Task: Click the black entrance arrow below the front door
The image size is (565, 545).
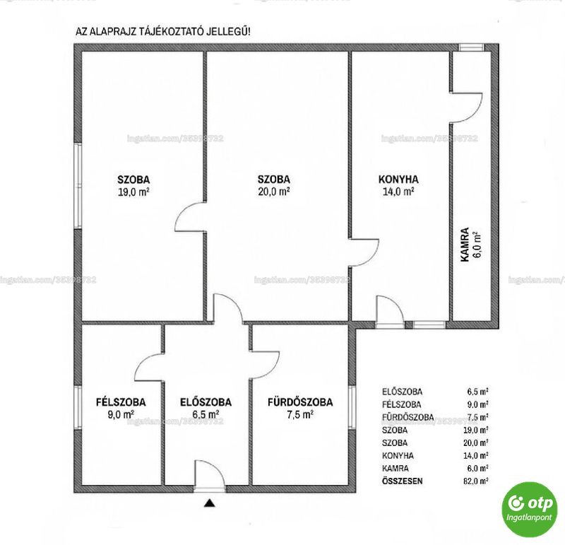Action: (209, 503)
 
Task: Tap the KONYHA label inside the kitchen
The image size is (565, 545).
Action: (398, 180)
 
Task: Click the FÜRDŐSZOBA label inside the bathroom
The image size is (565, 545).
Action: (300, 402)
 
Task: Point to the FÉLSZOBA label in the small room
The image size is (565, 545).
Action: (121, 402)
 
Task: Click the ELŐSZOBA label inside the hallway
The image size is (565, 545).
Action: (206, 402)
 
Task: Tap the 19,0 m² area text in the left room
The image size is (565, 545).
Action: (133, 192)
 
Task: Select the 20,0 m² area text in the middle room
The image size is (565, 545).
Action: (274, 192)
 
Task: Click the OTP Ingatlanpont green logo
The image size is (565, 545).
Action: (529, 510)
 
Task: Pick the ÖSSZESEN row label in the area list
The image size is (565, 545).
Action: (402, 481)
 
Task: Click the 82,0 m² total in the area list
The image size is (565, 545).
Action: (475, 481)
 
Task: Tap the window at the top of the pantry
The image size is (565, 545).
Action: (471, 47)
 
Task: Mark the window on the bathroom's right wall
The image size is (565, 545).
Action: (352, 407)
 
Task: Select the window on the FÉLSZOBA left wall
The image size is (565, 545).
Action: (78, 408)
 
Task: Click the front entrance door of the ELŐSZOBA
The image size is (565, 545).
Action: (210, 476)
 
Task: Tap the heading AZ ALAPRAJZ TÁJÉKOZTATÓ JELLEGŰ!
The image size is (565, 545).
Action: (163, 31)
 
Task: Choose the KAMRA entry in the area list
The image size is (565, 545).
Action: (395, 468)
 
